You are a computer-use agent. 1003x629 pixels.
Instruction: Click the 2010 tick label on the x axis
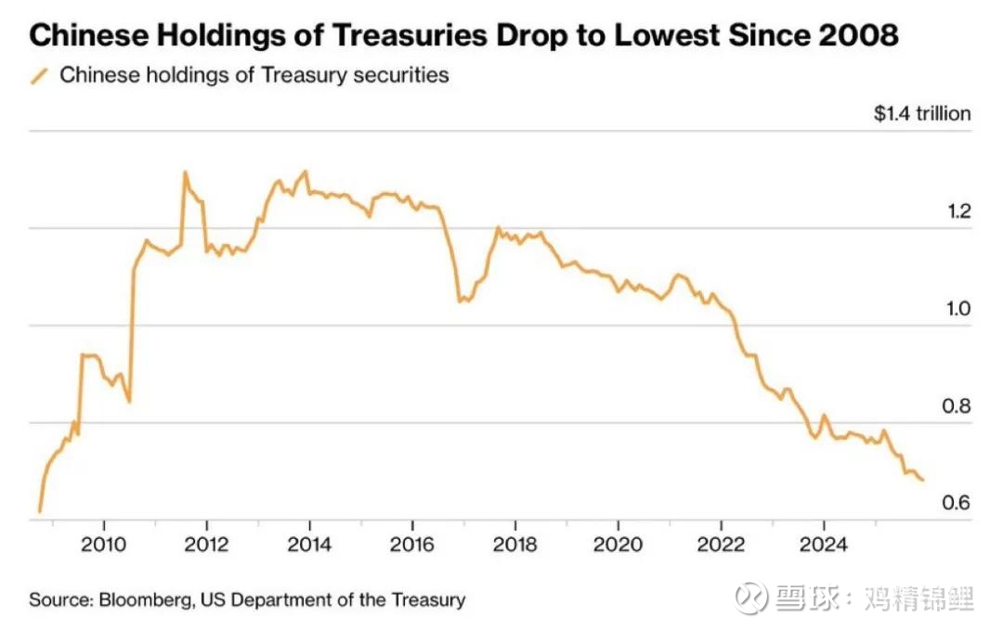(x=103, y=545)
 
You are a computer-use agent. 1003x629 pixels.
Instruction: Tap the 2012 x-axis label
(x=206, y=545)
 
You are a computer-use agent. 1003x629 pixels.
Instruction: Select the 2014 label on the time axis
(x=309, y=545)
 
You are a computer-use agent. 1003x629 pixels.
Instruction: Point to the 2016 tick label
(x=412, y=545)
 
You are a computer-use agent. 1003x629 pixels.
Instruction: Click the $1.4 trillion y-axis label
(x=921, y=114)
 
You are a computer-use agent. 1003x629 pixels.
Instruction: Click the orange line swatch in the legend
(x=39, y=76)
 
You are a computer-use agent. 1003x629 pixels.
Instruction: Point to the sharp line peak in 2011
(x=185, y=172)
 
